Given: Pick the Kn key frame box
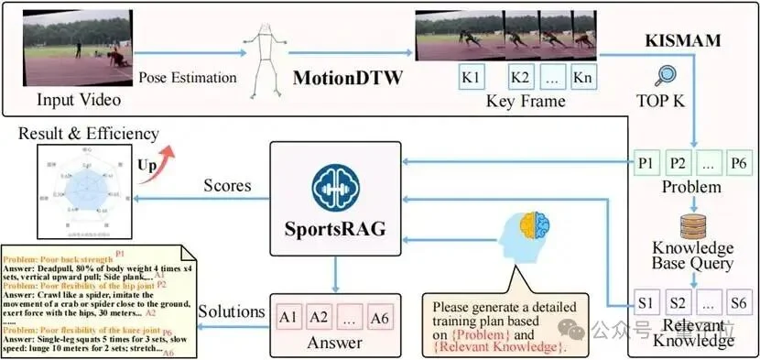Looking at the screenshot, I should (x=581, y=78).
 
